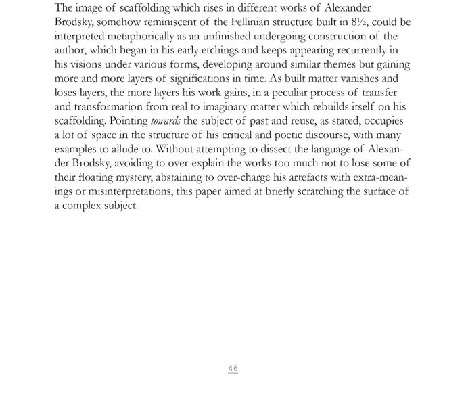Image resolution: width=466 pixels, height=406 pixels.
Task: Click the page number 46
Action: tap(233, 369)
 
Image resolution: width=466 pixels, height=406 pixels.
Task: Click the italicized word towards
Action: tap(166, 121)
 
